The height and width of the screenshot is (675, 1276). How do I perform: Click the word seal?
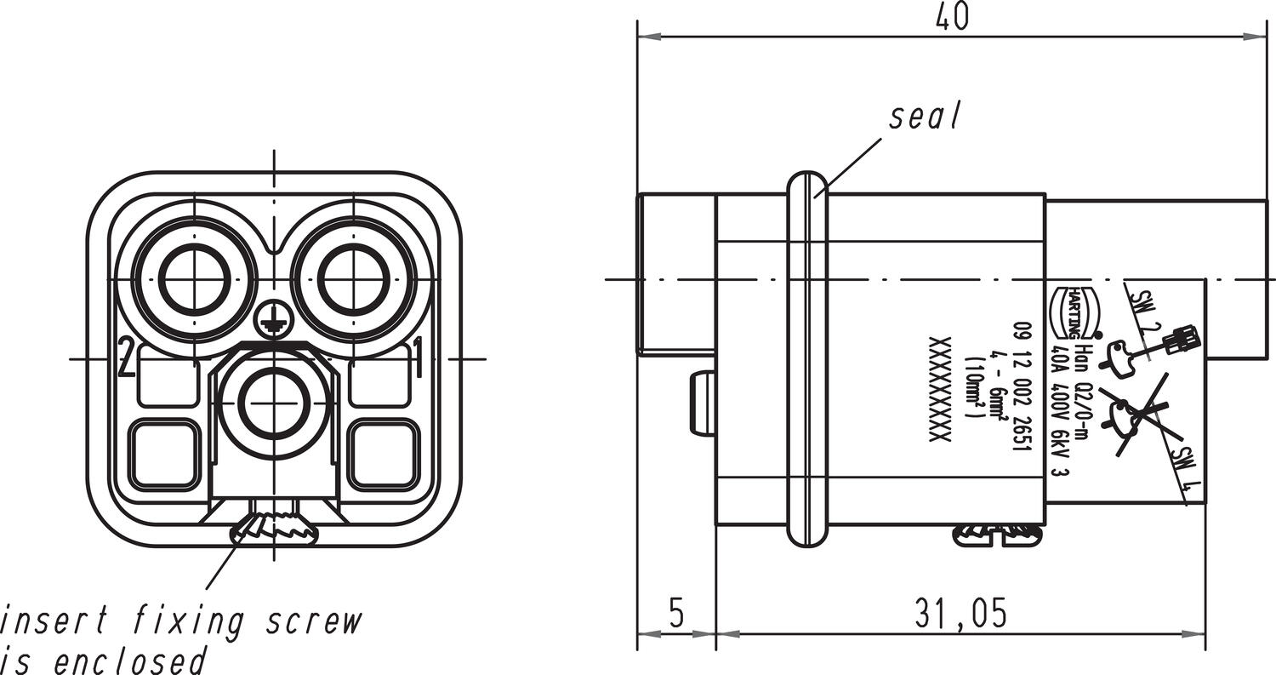tap(925, 117)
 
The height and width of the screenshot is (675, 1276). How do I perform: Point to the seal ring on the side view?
tap(806, 358)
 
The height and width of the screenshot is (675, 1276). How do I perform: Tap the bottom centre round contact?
tap(273, 400)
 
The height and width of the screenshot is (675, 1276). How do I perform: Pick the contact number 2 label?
tap(126, 358)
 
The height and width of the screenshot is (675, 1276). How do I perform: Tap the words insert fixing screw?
tap(180, 622)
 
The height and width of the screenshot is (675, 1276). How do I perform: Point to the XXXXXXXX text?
tap(938, 388)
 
